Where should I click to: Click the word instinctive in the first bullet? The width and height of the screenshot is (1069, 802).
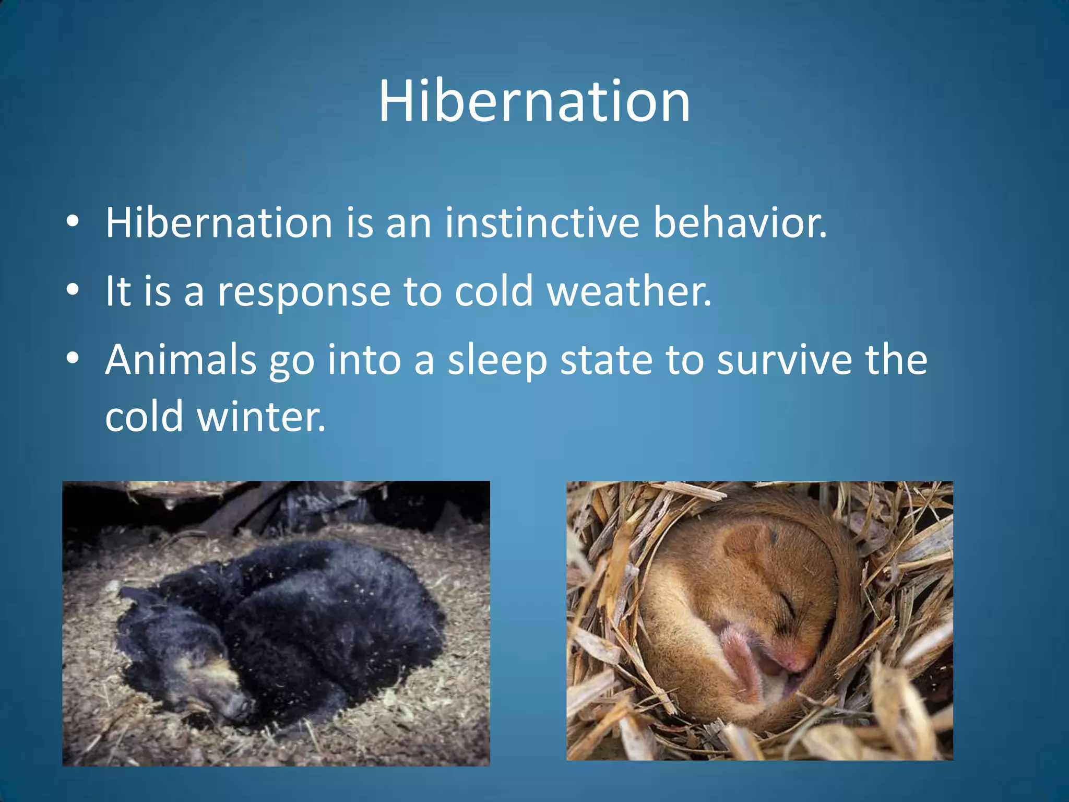[542, 223]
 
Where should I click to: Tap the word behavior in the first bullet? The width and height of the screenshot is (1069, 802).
[740, 223]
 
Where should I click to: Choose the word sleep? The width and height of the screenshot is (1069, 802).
[497, 361]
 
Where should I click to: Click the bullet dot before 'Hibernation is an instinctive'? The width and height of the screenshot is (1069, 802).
[73, 221]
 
